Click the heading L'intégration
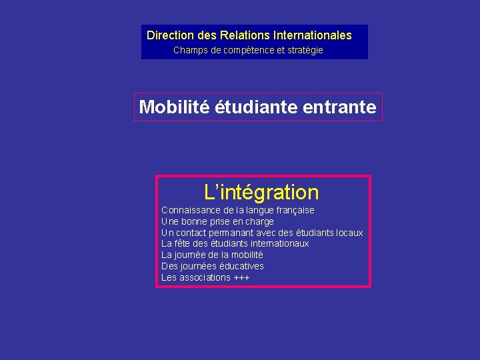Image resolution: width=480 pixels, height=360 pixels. point(262,193)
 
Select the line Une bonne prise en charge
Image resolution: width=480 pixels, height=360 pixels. point(217,221)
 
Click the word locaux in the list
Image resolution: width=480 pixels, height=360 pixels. point(347,233)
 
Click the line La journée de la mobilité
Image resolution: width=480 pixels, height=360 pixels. point(212,255)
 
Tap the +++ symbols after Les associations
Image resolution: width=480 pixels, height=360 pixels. point(241,277)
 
